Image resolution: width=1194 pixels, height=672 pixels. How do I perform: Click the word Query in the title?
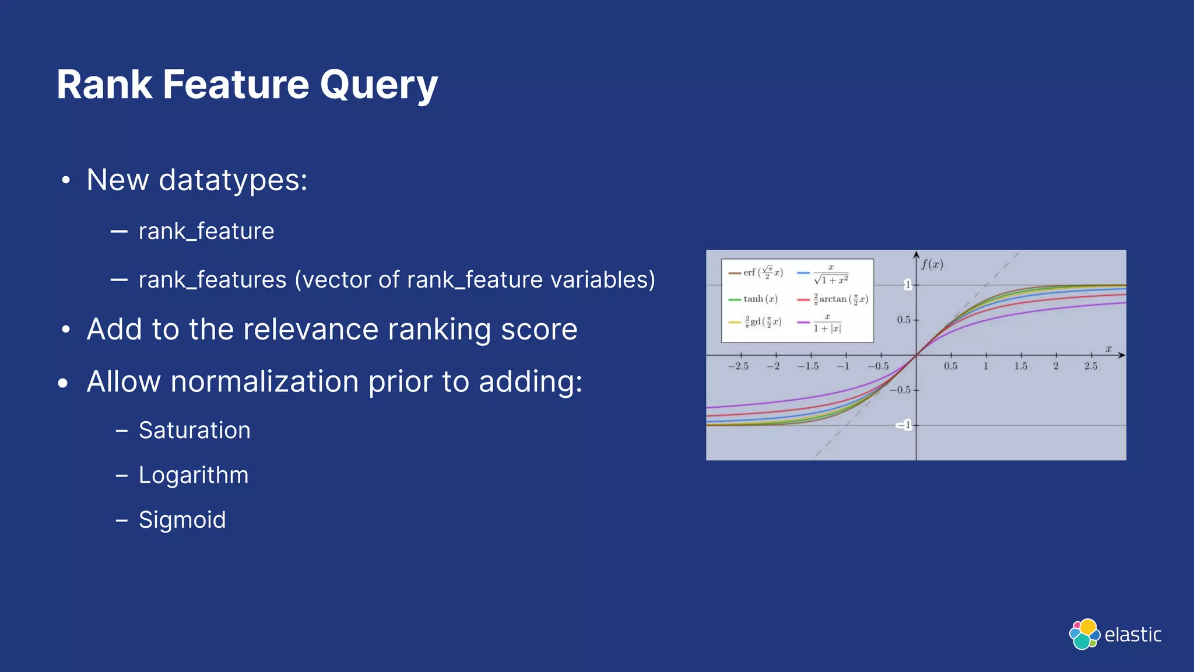point(378,85)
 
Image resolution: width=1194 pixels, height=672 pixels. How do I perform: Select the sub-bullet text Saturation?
point(194,430)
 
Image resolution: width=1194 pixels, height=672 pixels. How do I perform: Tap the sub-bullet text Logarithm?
point(193,475)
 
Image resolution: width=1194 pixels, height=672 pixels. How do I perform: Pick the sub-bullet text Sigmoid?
point(182,520)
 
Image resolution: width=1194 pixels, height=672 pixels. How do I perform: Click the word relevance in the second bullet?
point(311,330)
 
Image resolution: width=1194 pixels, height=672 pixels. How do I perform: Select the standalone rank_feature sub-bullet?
point(206,232)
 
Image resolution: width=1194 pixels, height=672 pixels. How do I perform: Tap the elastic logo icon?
point(1084,634)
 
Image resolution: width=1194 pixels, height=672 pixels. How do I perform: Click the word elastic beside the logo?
point(1133,635)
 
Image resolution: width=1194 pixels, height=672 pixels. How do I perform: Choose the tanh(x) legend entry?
point(760,299)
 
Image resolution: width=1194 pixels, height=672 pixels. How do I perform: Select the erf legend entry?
point(763,272)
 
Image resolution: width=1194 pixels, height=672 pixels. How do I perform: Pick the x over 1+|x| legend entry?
point(826,323)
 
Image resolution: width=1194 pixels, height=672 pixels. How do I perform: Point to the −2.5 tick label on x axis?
point(738,366)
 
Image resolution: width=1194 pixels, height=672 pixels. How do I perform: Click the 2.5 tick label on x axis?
point(1091,366)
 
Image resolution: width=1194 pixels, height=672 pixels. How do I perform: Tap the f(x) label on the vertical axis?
point(932,264)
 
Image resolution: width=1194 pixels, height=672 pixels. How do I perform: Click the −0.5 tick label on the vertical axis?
point(901,390)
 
